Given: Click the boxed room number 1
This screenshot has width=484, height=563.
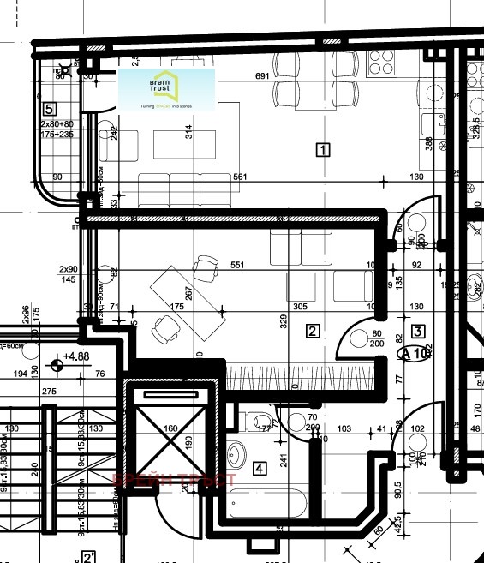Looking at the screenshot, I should pos(322,150).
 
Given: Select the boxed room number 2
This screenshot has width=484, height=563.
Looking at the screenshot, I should pos(313,331).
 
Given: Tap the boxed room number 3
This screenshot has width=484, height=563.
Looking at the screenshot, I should pos(418,331).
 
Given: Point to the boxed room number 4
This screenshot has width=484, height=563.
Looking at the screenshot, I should pos(260,469).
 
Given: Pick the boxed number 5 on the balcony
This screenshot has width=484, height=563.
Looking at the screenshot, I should pos(49,109).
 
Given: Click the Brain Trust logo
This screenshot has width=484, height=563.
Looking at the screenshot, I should pos(166,90).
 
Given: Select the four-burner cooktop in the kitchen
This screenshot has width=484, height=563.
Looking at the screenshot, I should pos(381,61).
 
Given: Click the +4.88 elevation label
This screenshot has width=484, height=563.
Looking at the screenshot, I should pos(76,356).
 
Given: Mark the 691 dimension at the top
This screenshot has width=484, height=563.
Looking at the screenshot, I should pos(263,76).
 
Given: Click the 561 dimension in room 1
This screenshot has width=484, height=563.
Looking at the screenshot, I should pos(240,177).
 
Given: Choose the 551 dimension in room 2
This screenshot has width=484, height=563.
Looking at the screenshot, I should pos(237,265).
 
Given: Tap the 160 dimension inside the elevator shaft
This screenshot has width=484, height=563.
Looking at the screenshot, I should pos(170,428).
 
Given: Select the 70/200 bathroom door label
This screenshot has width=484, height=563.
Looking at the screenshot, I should pos(312,422).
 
